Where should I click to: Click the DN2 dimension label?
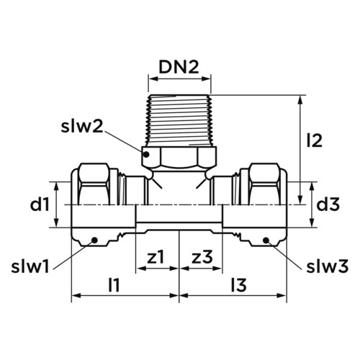point(179,67)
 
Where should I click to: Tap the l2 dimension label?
point(315,140)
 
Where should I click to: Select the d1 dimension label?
point(40,204)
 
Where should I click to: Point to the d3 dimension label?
point(328,204)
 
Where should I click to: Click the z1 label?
point(156,256)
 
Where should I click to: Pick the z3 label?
point(202,256)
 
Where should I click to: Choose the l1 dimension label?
point(114,284)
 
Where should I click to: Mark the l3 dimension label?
point(239,284)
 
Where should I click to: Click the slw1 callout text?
point(30,266)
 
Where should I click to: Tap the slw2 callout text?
point(82,126)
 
